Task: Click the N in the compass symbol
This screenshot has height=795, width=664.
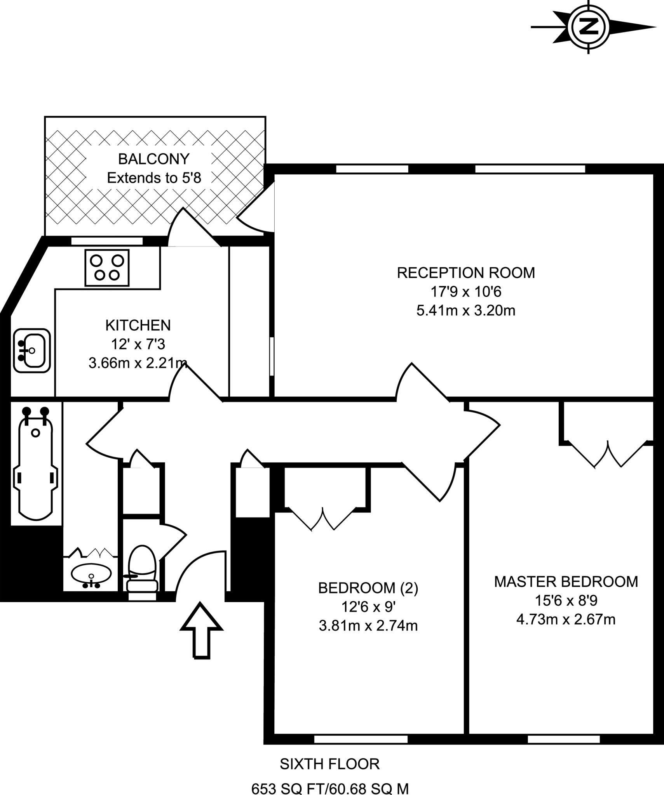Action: [x=589, y=27]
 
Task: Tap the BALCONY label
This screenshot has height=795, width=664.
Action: [x=153, y=159]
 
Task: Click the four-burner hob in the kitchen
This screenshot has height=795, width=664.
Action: [x=107, y=268]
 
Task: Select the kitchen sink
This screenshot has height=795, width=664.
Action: [x=32, y=351]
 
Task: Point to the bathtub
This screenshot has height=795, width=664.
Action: [x=36, y=464]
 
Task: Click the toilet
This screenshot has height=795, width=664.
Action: [x=142, y=573]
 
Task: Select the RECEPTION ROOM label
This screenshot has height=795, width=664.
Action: [x=465, y=273]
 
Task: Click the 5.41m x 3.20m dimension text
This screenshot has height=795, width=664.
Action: [x=465, y=311]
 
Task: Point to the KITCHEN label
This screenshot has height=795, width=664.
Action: [x=138, y=325]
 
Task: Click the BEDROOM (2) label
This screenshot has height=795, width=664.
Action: [x=368, y=588]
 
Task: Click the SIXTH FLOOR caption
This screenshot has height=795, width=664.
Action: [x=329, y=764]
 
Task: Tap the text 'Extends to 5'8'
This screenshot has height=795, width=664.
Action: [x=154, y=178]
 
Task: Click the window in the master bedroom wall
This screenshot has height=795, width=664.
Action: [x=564, y=739]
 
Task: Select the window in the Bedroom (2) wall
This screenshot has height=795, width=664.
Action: [x=361, y=739]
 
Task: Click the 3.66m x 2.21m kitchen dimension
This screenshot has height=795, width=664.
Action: [x=138, y=363]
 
